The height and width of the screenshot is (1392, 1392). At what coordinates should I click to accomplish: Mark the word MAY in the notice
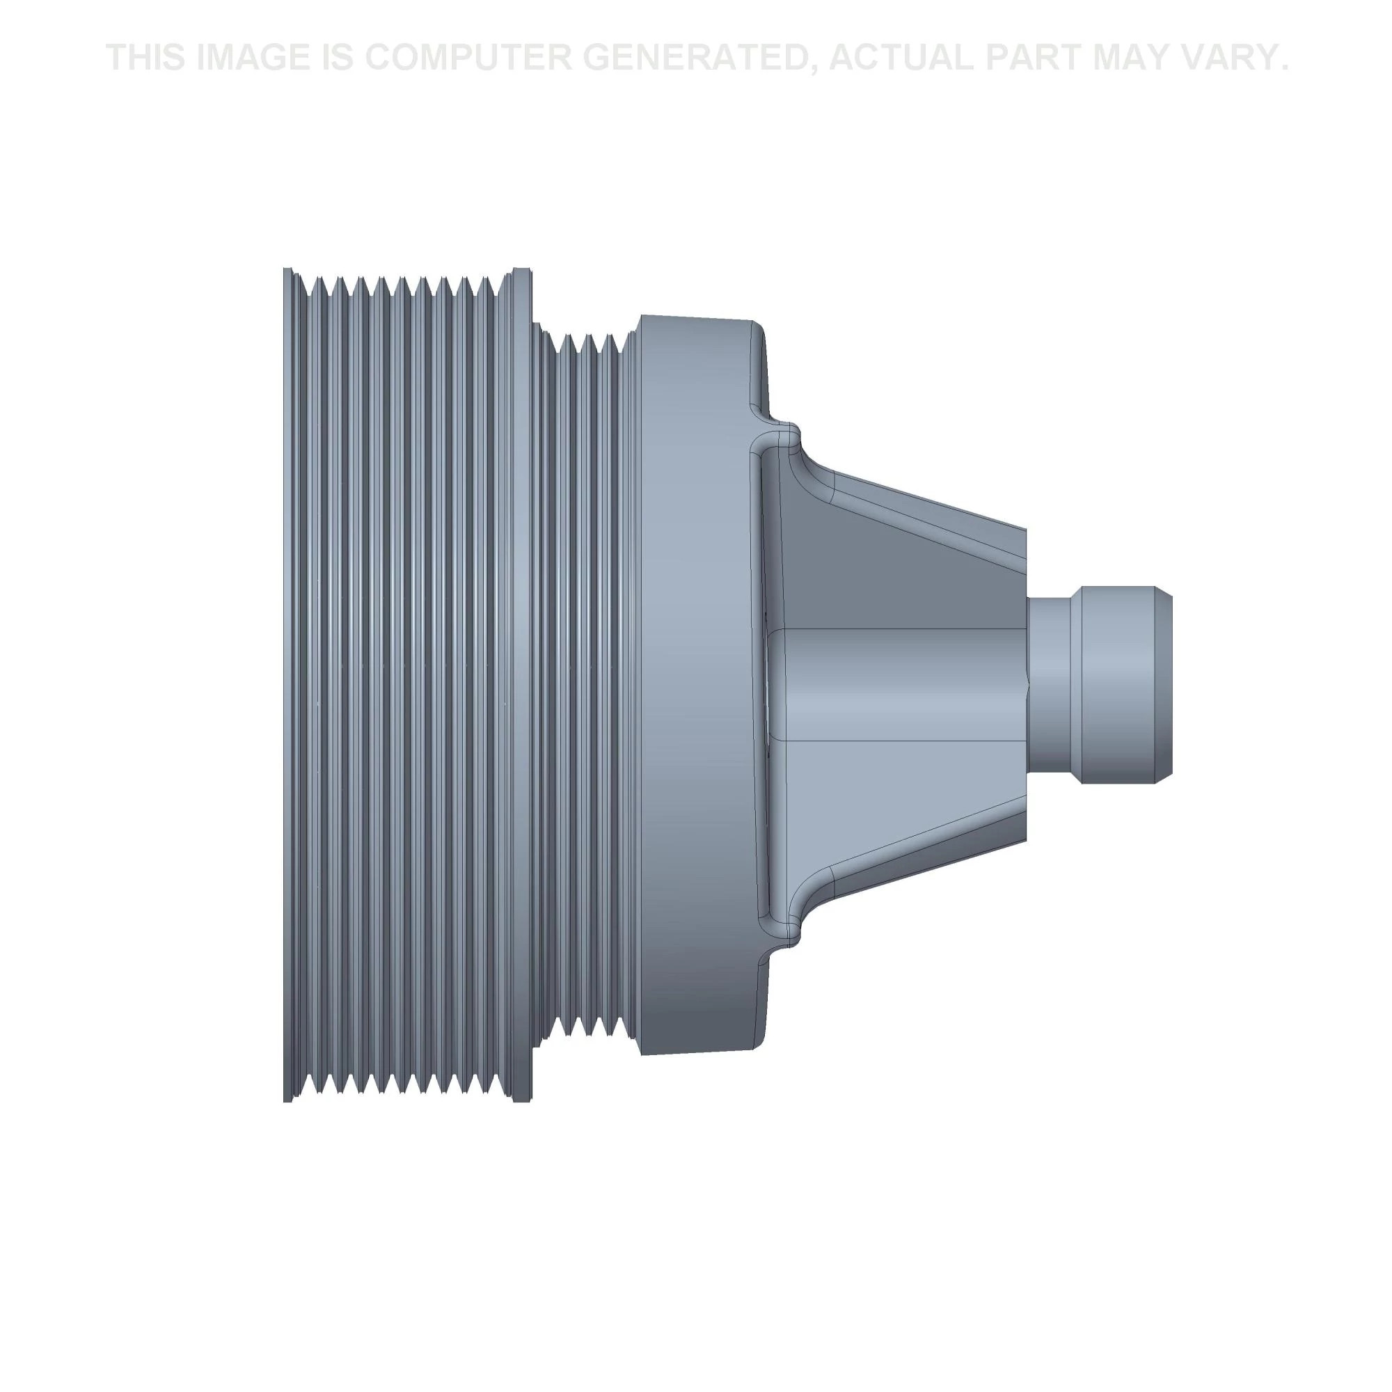(x=1137, y=58)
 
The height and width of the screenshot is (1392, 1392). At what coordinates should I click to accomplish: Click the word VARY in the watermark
(x=1235, y=58)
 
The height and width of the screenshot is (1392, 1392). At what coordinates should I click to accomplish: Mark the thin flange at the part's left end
(x=288, y=684)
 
